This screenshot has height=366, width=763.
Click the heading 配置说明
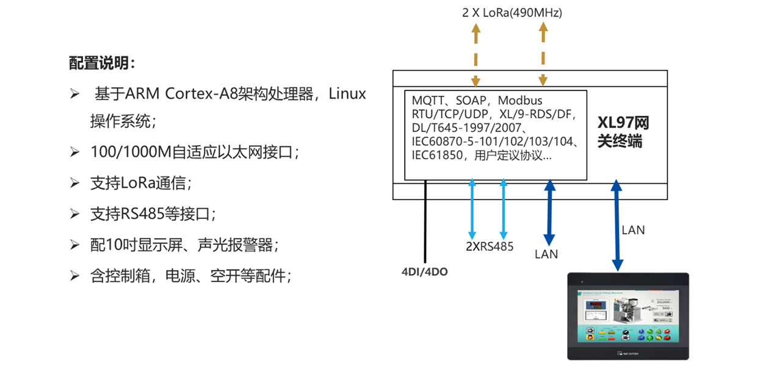point(102,63)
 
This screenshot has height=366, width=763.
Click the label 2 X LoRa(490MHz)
point(512,12)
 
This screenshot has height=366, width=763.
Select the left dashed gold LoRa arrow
point(476,55)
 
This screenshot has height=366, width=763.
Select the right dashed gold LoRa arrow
point(543,55)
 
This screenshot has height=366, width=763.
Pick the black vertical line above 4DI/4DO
point(425,226)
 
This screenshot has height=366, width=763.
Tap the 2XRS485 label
point(489,247)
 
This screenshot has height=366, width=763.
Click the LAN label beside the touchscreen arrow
point(633,230)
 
